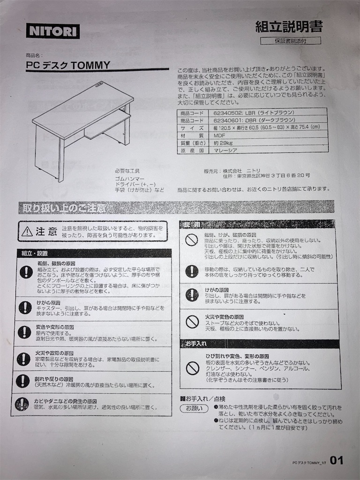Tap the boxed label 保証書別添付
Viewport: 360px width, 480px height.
coord(291,41)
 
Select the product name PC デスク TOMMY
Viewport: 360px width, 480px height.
coord(68,66)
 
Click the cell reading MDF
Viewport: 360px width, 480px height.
coord(220,135)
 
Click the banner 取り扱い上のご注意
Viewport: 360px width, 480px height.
coord(62,208)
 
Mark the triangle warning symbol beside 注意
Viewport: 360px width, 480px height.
coord(28,231)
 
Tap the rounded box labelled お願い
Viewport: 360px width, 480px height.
coord(194,409)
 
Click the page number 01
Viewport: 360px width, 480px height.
coord(337,461)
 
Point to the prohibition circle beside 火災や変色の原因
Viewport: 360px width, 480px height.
coord(192,322)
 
